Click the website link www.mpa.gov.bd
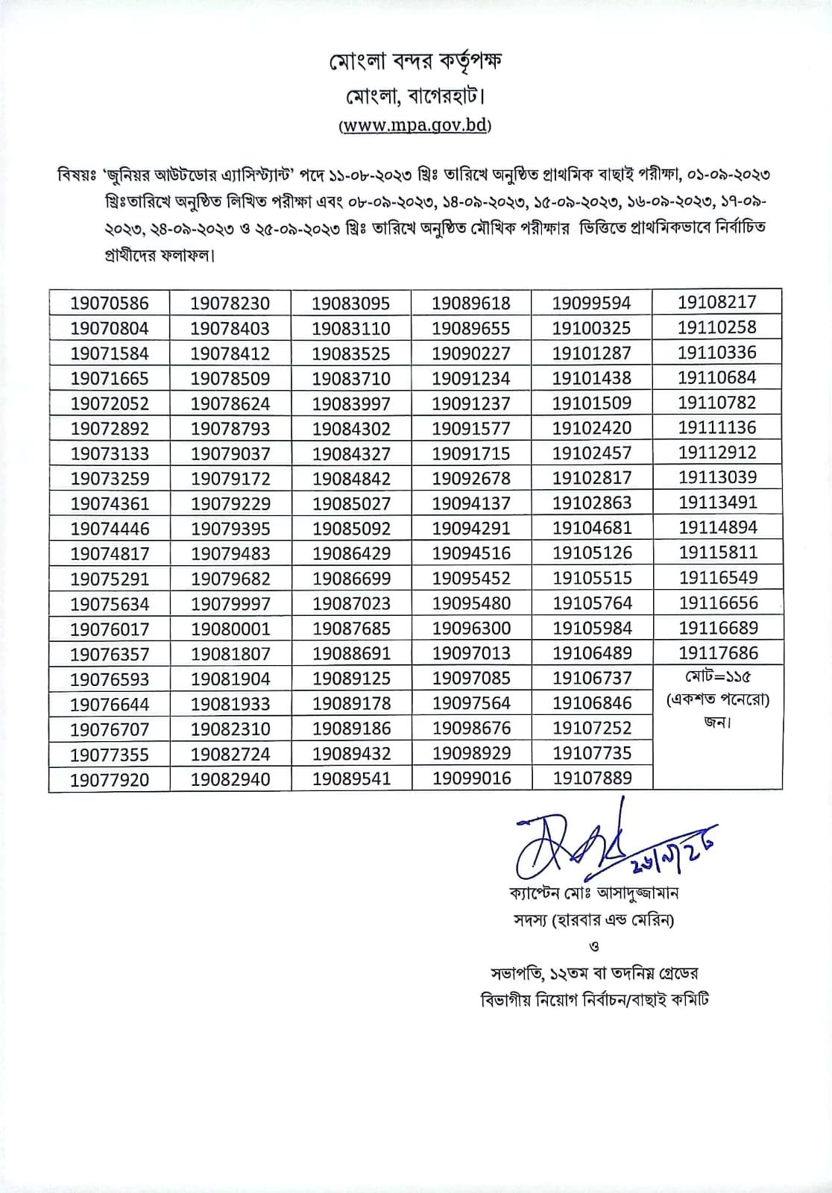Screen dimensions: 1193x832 tap(415, 125)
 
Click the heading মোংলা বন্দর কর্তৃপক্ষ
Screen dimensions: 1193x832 tap(415, 62)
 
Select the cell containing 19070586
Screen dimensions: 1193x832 tap(110, 303)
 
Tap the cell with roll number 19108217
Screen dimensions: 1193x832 tap(717, 302)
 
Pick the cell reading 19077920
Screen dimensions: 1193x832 tap(110, 779)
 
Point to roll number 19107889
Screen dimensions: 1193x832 tap(592, 778)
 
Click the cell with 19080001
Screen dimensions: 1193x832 tap(230, 629)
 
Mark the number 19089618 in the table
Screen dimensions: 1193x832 tap(471, 303)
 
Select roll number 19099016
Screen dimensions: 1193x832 tap(472, 778)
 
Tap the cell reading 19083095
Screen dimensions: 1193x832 tap(350, 303)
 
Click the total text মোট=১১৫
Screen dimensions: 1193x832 tap(717, 677)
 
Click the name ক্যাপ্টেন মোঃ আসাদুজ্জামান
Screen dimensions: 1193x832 tap(593, 893)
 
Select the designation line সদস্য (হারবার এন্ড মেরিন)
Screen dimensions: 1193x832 tap(593, 920)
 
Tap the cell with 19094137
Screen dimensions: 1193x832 tap(471, 503)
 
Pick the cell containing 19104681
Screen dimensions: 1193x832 tap(592, 528)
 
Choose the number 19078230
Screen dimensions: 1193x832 tap(230, 303)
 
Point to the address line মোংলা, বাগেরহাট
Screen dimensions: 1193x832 tap(415, 97)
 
